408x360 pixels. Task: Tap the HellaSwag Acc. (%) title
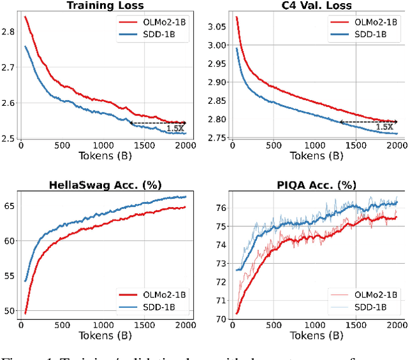pos(105,185)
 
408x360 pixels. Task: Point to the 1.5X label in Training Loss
pos(175,129)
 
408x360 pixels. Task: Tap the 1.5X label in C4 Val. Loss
pos(384,127)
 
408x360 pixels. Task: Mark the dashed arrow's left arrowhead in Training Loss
pos(130,122)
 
